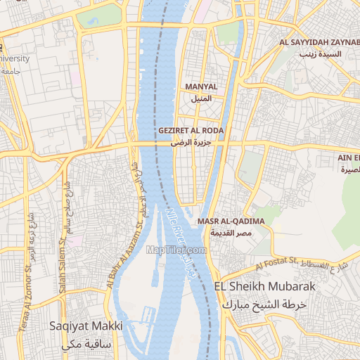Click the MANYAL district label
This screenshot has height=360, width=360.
click(200, 87)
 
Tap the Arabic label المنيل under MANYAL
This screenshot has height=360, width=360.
click(201, 98)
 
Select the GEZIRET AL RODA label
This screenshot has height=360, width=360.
click(191, 131)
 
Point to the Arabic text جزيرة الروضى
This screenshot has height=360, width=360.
click(191, 142)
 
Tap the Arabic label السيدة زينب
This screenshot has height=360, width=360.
click(320, 54)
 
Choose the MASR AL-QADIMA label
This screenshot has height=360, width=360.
click(231, 221)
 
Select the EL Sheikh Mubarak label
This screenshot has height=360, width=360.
click(261, 288)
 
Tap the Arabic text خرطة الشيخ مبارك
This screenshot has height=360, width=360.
click(264, 304)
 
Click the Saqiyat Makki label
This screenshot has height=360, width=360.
click(86, 326)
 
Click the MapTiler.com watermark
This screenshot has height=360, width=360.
click(176, 249)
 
